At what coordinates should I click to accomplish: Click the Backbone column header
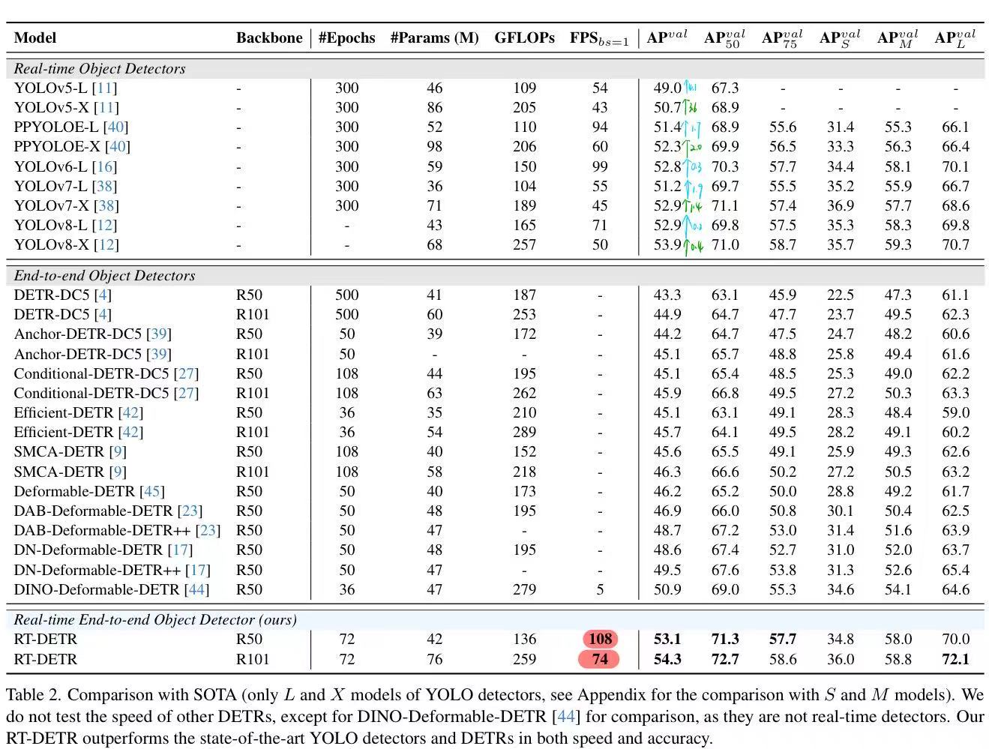tap(269, 38)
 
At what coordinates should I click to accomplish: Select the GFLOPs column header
tap(524, 38)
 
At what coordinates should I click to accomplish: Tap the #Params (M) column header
tap(434, 38)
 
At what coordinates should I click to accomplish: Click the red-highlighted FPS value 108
tap(600, 640)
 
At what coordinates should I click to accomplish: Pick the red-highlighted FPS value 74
tap(599, 659)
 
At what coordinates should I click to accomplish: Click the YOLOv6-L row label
tap(65, 166)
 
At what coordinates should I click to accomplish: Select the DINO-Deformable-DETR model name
tap(97, 590)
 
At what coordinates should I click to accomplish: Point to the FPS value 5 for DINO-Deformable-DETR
tap(600, 590)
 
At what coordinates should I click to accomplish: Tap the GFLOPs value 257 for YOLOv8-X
tap(524, 245)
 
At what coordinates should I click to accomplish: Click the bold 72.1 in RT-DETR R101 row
tap(955, 660)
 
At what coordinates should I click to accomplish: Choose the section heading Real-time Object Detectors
tap(100, 69)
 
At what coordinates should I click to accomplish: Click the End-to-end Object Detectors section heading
tap(104, 276)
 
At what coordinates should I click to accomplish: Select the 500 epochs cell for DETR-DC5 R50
tap(346, 295)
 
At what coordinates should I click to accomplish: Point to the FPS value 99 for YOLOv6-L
tap(600, 166)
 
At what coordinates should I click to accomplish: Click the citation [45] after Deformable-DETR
tap(152, 492)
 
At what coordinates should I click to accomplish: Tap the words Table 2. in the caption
tap(33, 695)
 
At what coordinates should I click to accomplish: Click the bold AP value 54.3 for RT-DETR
tap(667, 660)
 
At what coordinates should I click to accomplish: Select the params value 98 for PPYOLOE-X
tap(434, 147)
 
